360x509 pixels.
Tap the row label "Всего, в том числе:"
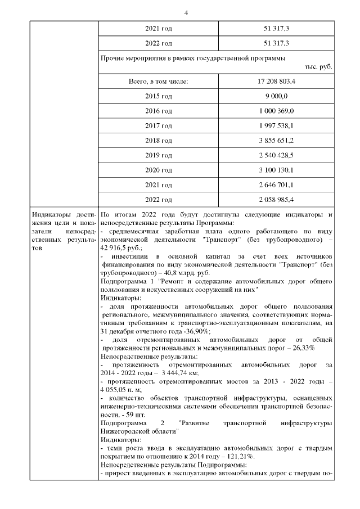click(x=158, y=82)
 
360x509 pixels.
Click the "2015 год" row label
click(x=159, y=96)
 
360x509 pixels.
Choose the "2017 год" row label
click(x=159, y=125)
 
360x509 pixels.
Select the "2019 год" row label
click(x=159, y=155)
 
